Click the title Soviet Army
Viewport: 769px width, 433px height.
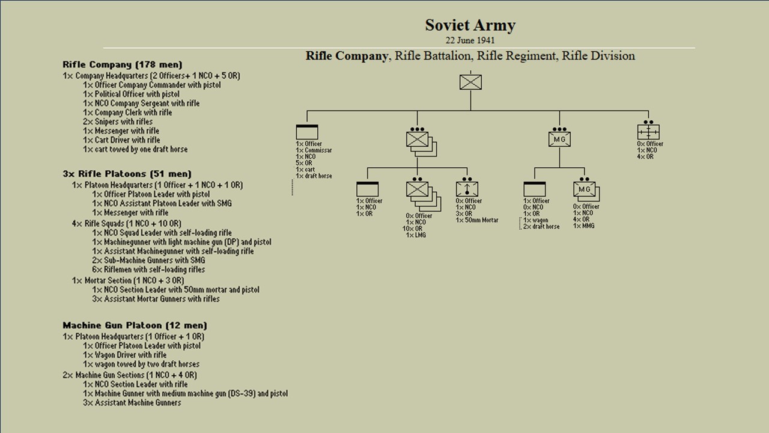[470, 25]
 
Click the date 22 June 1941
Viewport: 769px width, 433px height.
[470, 41]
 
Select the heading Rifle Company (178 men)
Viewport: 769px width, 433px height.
[122, 64]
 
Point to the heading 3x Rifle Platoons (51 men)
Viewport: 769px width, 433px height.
[127, 174]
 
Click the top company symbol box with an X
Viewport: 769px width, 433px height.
[471, 82]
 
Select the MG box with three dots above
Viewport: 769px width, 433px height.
[559, 140]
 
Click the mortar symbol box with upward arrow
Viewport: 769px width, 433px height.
[467, 188]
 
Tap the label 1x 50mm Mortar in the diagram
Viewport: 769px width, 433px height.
[477, 220]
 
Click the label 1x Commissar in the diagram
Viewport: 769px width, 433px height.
[314, 150]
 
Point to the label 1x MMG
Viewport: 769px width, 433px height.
[583, 226]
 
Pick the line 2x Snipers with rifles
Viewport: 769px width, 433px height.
[118, 122]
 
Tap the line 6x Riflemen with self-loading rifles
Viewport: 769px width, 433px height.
[148, 270]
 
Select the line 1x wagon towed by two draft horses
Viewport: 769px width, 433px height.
[141, 364]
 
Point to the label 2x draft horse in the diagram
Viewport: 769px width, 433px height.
[541, 227]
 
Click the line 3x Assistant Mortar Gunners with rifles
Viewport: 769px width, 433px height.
[156, 299]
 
